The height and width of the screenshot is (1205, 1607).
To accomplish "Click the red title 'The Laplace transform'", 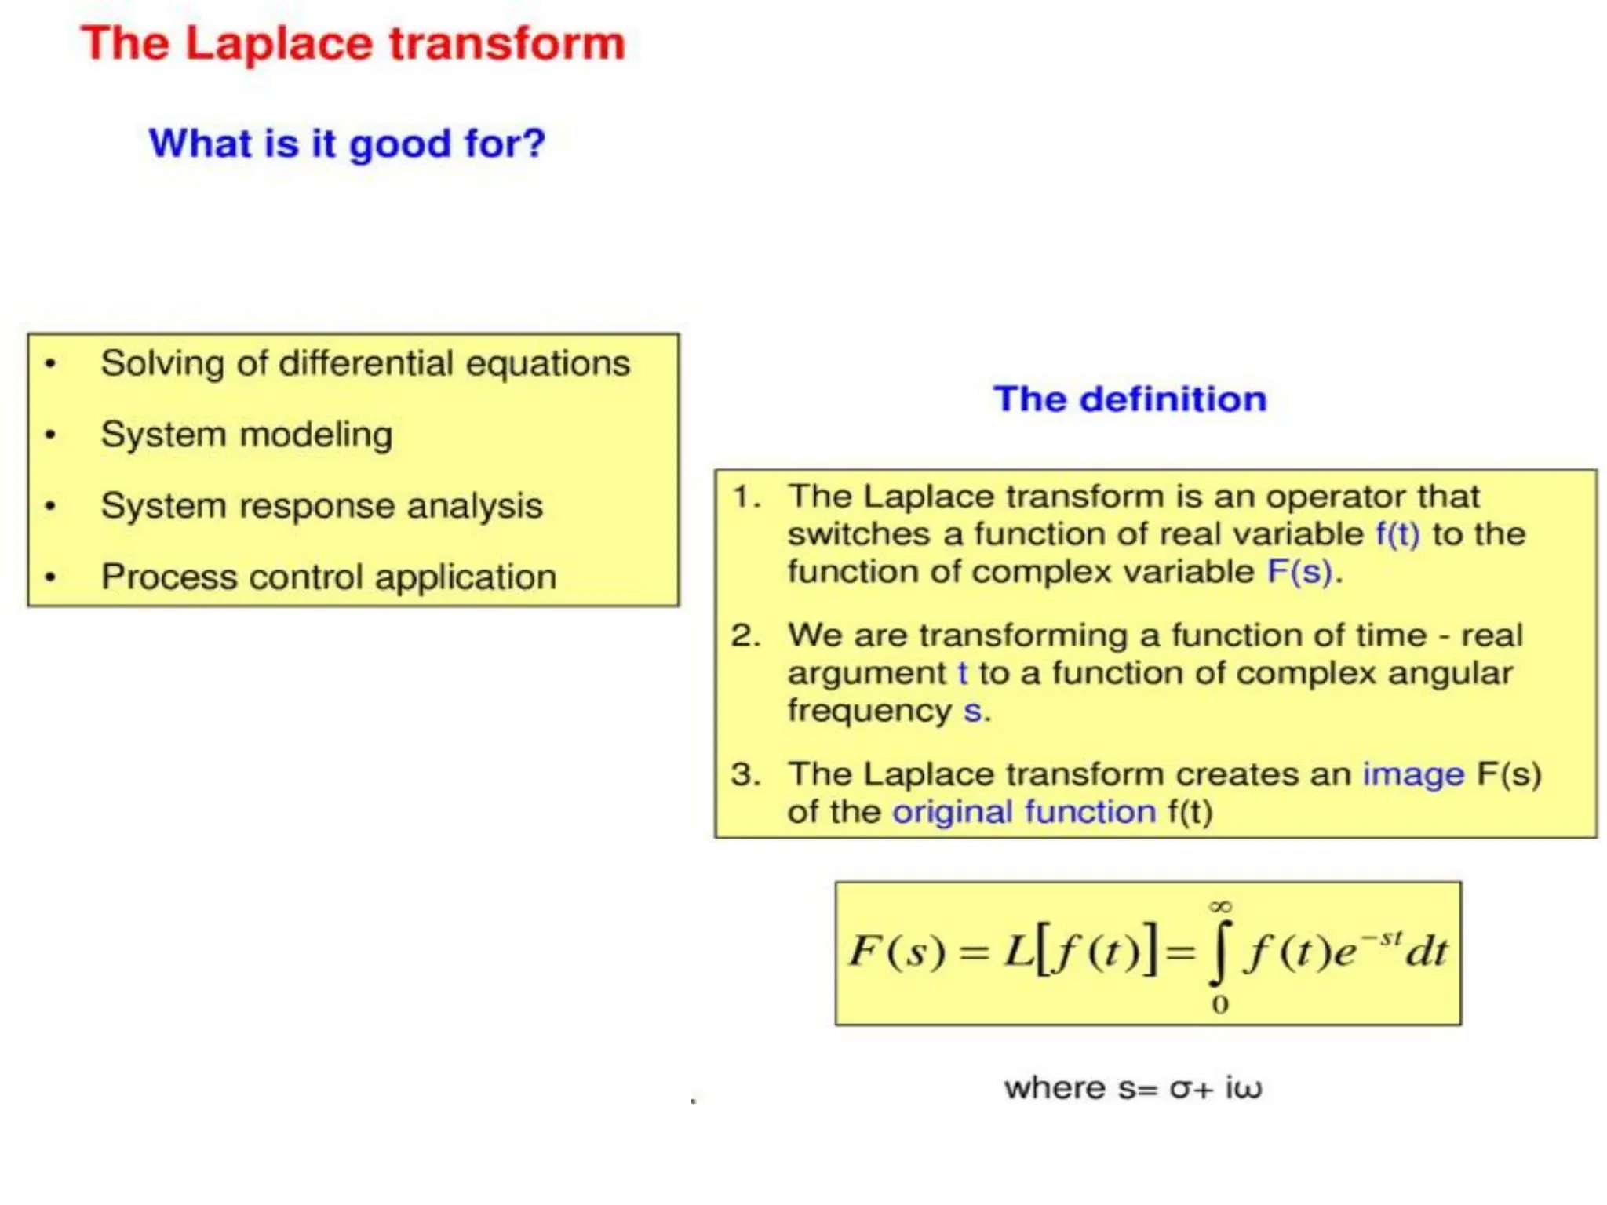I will coord(353,43).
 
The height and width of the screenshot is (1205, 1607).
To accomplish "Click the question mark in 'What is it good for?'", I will coord(533,143).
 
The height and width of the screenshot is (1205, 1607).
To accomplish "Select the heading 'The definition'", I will coord(1129,399).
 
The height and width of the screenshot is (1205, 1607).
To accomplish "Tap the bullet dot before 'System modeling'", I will coord(51,435).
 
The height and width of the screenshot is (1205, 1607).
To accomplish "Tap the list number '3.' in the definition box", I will coord(745,774).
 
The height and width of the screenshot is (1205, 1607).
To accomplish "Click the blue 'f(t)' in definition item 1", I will coord(1397,534).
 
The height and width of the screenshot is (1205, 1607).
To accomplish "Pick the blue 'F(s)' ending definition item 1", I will coord(1299,572).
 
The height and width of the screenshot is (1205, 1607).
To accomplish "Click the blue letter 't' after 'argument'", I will coord(963,673).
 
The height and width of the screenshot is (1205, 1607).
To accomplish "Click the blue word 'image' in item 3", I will coord(1413,774).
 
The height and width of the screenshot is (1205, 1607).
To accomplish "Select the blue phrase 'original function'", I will coord(1024,812).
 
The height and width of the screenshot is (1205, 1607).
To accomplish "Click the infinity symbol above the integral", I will coord(1220,907).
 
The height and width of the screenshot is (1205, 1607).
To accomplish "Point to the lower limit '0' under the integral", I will coord(1220,1004).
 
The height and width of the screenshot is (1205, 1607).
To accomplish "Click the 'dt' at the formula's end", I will coord(1427,952).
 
